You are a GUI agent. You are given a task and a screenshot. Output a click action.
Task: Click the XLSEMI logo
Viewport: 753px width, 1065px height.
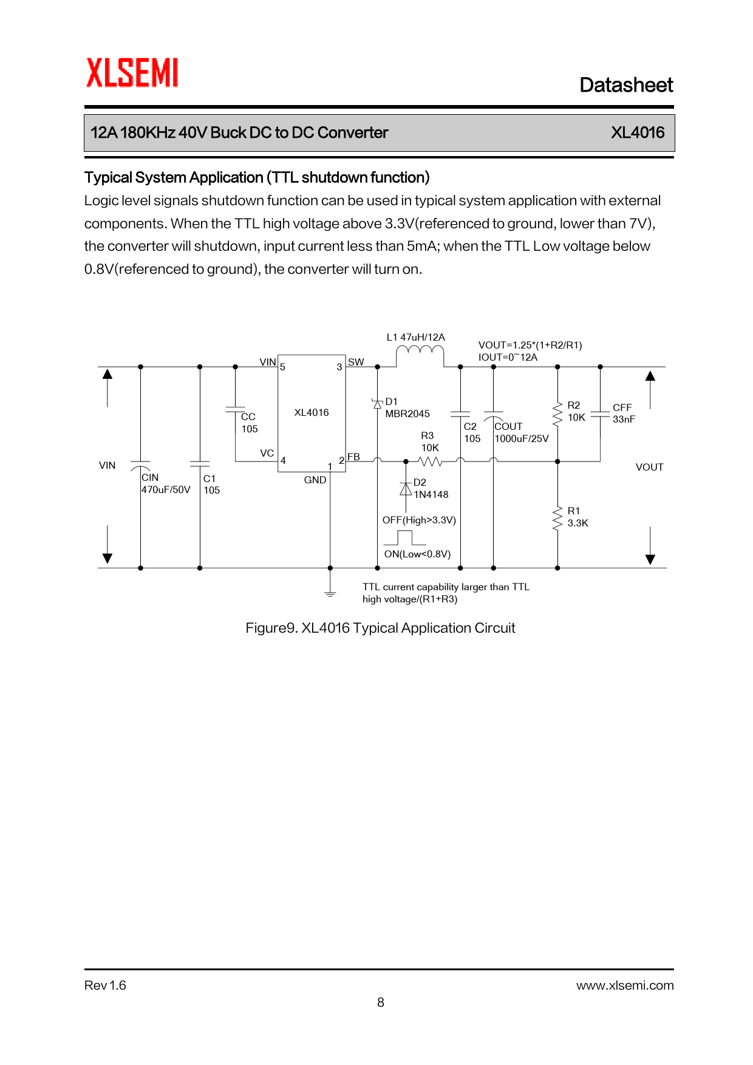click(x=132, y=73)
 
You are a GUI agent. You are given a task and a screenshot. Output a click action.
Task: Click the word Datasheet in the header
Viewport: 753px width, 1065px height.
click(x=626, y=85)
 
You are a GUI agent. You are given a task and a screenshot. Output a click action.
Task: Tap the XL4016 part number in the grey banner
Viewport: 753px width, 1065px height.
click(x=637, y=133)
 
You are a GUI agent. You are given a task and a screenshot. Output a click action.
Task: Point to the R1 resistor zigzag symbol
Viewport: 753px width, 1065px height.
click(x=557, y=519)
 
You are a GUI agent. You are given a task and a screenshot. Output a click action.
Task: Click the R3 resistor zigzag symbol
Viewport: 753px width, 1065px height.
click(x=430, y=461)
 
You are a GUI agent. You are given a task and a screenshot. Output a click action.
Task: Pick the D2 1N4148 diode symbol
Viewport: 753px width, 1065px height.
click(x=406, y=489)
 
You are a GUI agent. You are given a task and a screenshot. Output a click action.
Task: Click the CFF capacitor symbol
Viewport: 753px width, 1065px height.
click(x=600, y=413)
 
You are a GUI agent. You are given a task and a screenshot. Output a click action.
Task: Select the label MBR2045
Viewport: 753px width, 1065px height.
click(x=407, y=414)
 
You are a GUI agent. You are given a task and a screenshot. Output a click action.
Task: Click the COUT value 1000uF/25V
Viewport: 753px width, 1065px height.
click(x=522, y=439)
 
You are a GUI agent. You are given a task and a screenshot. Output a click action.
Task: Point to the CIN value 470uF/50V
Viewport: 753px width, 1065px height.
click(x=166, y=490)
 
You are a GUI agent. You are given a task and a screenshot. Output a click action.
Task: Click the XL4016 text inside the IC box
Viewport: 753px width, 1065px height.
click(x=312, y=413)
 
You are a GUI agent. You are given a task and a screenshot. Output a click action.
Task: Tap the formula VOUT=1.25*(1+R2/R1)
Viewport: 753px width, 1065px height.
click(x=530, y=345)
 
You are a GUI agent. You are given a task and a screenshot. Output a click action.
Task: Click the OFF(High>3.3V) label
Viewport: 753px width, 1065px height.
click(x=419, y=520)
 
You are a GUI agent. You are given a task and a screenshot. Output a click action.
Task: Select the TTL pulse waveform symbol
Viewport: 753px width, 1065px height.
click(x=405, y=538)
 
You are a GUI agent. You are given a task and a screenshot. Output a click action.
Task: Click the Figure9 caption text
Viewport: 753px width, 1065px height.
click(x=380, y=628)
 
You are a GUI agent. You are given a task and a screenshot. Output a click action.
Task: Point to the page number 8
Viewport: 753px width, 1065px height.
click(x=381, y=1002)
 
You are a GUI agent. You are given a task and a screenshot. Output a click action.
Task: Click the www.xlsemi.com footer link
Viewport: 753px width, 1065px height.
click(x=625, y=985)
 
